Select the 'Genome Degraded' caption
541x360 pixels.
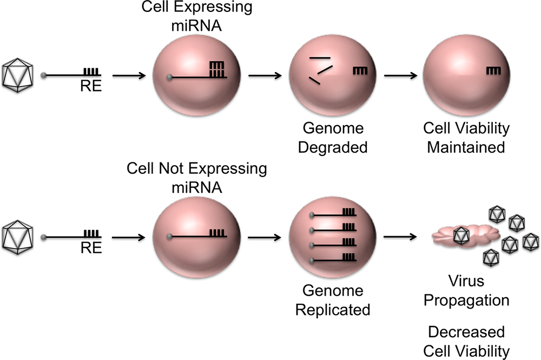point(326,138)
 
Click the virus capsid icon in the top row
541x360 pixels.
point(19,75)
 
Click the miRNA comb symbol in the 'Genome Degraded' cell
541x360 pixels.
point(360,70)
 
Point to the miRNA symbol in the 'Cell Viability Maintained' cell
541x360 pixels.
point(493,70)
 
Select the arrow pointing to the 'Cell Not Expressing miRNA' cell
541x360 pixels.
point(130,237)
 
